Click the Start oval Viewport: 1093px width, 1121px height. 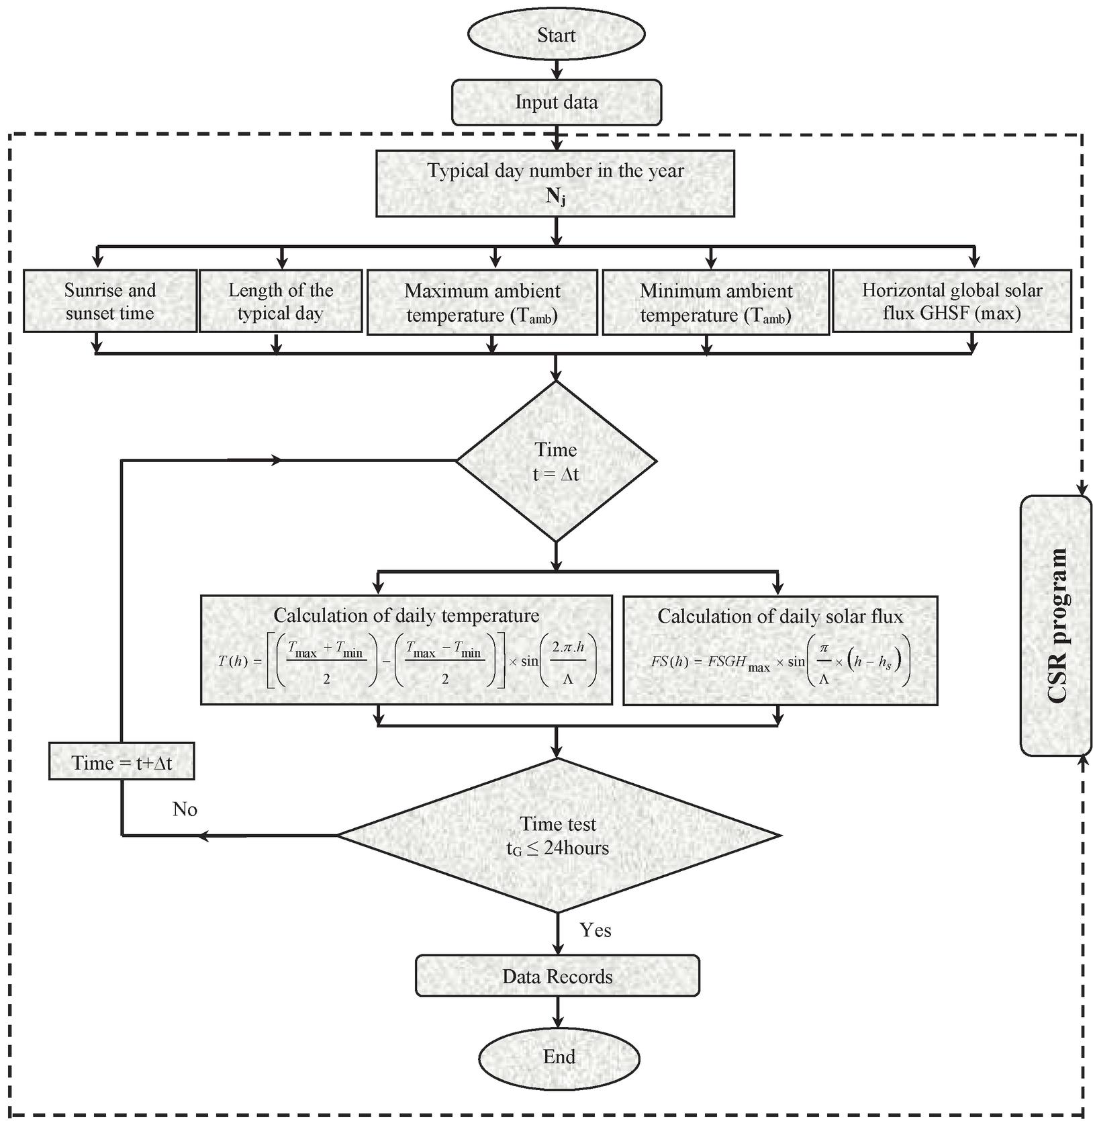556,35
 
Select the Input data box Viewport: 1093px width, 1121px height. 556,102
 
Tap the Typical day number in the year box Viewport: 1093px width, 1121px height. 555,183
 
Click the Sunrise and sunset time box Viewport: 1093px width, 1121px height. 110,302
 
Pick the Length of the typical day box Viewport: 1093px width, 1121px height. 281,302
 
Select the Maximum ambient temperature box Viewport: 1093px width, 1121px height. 482,302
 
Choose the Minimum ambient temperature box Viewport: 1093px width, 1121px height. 716,302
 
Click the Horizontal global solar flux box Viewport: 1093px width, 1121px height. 951,302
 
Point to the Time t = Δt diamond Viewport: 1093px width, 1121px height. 556,461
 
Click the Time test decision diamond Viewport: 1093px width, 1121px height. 558,836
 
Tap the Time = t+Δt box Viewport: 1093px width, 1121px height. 122,762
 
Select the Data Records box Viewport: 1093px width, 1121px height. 557,976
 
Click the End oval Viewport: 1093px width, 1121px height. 559,1057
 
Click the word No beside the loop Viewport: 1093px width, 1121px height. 185,809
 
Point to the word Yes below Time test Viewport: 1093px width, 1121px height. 596,930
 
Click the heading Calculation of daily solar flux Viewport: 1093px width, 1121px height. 780,617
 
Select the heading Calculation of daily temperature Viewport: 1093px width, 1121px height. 406,615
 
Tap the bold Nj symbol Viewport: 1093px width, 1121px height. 555,198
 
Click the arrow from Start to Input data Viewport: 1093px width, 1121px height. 556,69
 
